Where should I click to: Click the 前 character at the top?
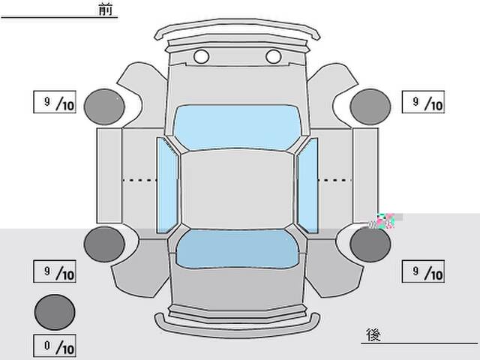coord(106,9)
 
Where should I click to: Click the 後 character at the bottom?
coord(373,335)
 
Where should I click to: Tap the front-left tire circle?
coord(104,106)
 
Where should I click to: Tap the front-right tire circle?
coord(370,106)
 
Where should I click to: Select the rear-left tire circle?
coord(104,244)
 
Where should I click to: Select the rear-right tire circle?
coord(370,244)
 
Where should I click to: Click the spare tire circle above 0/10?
coord(55,312)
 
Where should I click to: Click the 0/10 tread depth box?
coord(55,346)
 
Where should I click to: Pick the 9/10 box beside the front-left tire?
coord(55,102)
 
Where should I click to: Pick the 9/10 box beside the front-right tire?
coord(423,102)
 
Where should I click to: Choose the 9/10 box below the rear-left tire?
coord(55,271)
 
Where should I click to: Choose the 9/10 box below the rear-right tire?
coord(423,271)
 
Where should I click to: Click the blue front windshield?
coord(237,127)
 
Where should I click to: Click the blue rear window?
coord(237,248)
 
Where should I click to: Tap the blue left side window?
coord(166,185)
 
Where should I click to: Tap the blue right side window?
coord(307,185)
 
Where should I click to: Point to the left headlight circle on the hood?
coord(202,57)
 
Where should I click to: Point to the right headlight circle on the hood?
coord(273,57)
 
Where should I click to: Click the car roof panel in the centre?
coord(237,189)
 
